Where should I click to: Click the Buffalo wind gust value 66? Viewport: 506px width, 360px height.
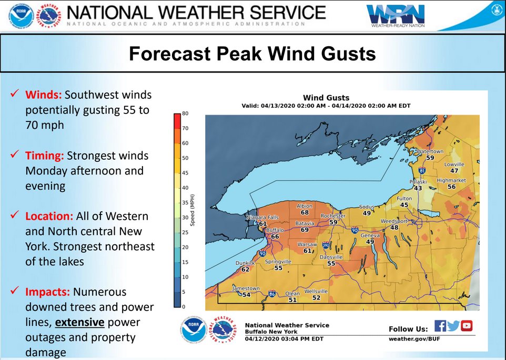pyautogui.click(x=275, y=236)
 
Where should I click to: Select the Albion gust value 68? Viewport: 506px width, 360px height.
pyautogui.click(x=305, y=213)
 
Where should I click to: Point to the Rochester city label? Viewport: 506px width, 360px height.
pyautogui.click(x=333, y=216)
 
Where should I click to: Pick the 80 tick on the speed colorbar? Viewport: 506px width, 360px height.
pyautogui.click(x=185, y=114)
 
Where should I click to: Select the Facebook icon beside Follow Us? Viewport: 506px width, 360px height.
pyautogui.click(x=440, y=326)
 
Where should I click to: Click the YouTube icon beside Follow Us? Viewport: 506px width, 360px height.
pyautogui.click(x=467, y=326)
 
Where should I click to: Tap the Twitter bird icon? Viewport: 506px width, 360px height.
pyautogui.click(x=453, y=326)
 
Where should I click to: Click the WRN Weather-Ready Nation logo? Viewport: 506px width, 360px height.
pyautogui.click(x=395, y=16)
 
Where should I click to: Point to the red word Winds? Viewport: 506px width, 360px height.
pyautogui.click(x=44, y=95)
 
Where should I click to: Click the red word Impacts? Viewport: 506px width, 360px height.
pyautogui.click(x=48, y=292)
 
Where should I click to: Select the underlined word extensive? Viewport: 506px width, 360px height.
pyautogui.click(x=79, y=322)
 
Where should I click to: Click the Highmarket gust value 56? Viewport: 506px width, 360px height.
pyautogui.click(x=451, y=187)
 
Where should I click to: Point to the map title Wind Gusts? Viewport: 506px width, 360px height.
pyautogui.click(x=326, y=98)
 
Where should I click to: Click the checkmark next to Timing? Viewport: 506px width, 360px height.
pyautogui.click(x=15, y=156)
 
